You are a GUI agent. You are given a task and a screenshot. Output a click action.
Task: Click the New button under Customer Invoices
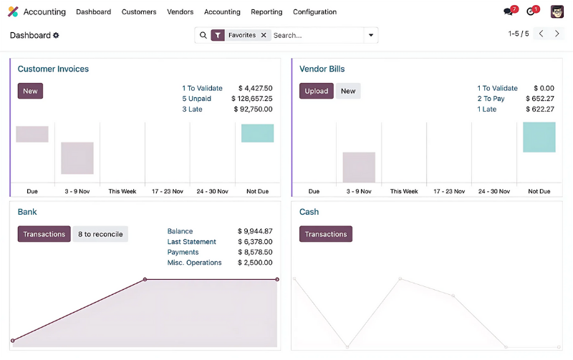[30, 91]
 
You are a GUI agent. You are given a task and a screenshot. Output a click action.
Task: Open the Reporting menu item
[266, 12]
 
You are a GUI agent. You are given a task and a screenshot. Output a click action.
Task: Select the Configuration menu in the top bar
[314, 12]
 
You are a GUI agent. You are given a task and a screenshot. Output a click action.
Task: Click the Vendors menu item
[180, 12]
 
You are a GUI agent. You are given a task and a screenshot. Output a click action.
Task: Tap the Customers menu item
[139, 12]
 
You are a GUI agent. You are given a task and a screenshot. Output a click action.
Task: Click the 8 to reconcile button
[100, 234]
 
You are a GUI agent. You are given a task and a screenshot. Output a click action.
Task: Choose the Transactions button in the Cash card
[326, 234]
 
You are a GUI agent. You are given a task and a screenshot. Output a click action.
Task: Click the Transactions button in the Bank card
[44, 234]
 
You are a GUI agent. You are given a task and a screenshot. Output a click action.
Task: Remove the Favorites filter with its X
[264, 35]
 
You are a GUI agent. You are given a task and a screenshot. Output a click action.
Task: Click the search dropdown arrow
[370, 35]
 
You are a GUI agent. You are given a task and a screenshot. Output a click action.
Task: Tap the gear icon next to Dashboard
[57, 35]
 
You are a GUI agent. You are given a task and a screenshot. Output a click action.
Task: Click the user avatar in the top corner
[557, 11]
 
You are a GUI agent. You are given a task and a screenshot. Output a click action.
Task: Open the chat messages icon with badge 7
[509, 11]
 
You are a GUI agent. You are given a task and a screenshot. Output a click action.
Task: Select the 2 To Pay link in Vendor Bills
[491, 99]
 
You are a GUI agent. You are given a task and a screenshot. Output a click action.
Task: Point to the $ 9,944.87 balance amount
[255, 231]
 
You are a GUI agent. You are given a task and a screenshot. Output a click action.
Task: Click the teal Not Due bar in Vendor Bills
[539, 137]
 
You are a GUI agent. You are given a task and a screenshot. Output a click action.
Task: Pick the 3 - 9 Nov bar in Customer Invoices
[77, 158]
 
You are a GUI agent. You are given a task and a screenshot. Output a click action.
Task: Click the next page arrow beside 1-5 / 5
[557, 34]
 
